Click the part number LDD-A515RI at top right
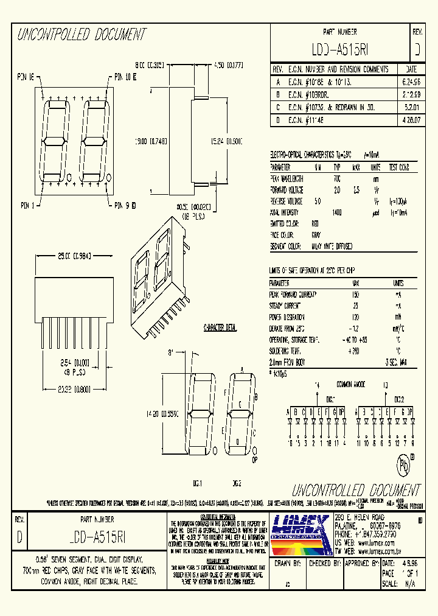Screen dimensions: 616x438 click(x=340, y=48)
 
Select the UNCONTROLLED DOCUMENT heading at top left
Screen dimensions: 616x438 click(x=81, y=35)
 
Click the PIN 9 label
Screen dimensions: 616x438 click(x=125, y=206)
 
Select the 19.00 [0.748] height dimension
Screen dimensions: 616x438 click(x=151, y=140)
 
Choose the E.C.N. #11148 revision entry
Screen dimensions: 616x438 click(x=312, y=120)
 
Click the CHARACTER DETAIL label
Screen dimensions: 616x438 click(x=219, y=328)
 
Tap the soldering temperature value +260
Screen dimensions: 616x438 click(x=356, y=352)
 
